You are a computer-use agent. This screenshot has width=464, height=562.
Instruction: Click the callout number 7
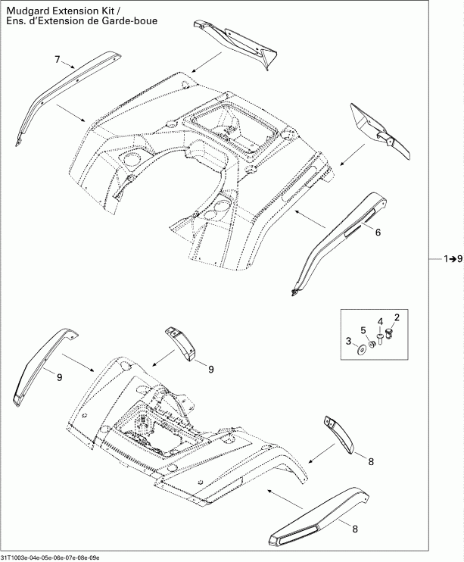tap(57, 59)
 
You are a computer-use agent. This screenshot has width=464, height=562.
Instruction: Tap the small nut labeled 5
tap(372, 345)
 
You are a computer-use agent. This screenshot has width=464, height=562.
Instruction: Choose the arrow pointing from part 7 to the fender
tap(73, 114)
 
